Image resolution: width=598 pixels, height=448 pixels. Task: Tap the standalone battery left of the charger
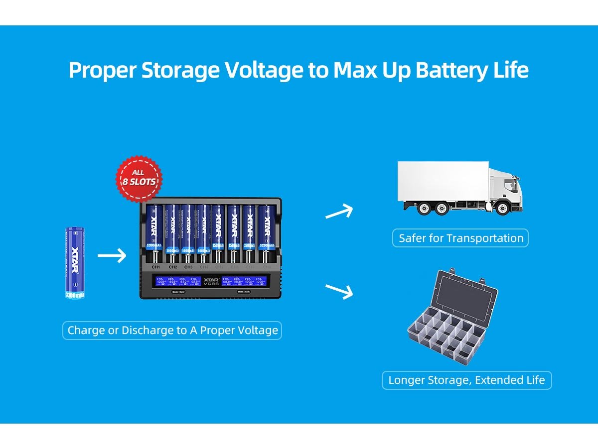point(76,263)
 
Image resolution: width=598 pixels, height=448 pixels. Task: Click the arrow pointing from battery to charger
point(112,256)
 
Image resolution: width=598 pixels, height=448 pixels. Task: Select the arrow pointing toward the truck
point(339,212)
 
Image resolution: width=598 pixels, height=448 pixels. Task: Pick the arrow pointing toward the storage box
point(339,291)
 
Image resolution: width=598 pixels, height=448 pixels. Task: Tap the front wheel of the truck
point(502,208)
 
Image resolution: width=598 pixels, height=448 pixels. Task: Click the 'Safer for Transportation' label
point(460,238)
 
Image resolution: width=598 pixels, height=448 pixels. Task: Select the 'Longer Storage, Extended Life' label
point(466,380)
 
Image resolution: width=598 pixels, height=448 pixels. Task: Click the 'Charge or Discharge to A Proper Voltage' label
point(172,331)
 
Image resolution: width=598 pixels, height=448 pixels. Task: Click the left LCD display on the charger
point(177,282)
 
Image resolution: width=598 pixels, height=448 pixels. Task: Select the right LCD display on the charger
point(246,282)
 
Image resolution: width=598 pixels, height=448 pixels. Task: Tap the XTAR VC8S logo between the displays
point(211,282)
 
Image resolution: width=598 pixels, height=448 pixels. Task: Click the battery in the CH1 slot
point(154,231)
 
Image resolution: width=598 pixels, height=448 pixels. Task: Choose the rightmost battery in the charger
point(266,231)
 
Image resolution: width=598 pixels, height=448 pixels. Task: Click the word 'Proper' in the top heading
point(102,70)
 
